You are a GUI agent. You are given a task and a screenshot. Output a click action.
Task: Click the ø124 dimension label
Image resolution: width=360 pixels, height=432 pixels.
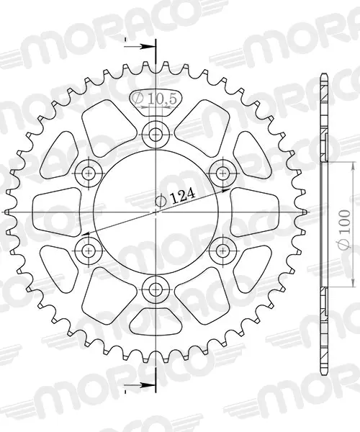(176, 197)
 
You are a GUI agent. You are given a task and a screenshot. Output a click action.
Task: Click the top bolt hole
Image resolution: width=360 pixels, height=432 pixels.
(156, 135)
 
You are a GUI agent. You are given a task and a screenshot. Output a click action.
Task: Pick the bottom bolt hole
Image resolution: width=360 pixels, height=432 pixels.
(156, 289)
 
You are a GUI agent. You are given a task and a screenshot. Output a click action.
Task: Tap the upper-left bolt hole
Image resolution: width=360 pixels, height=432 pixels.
(89, 174)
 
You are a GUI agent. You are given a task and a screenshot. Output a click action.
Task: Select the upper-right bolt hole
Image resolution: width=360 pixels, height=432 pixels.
(222, 174)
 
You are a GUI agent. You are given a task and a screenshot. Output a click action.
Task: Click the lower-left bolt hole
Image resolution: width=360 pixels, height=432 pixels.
(89, 251)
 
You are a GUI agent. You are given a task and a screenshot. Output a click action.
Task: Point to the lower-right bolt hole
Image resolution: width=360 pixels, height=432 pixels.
(222, 251)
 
